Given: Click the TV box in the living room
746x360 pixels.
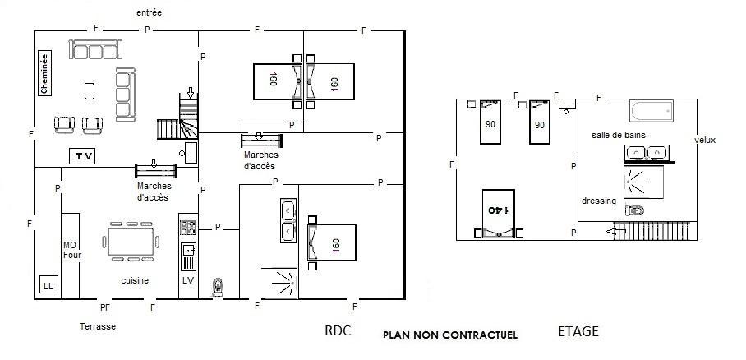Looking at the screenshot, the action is (x=82, y=156).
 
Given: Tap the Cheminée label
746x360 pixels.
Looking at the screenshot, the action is (x=44, y=73).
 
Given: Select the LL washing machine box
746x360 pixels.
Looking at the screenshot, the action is (x=48, y=286).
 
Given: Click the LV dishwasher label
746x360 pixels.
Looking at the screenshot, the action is (x=188, y=280).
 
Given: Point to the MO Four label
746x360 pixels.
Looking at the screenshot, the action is (x=72, y=250).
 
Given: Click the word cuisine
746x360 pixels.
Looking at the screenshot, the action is (x=135, y=281).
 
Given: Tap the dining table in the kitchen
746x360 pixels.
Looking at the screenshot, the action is (x=131, y=242).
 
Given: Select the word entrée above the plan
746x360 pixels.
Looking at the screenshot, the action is (x=150, y=13).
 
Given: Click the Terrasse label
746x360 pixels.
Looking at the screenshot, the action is (x=98, y=326).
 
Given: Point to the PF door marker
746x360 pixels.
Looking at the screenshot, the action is (x=105, y=307).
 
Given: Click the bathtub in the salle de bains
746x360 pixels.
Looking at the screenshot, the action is (x=652, y=110).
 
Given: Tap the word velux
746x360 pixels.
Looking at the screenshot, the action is (x=705, y=140).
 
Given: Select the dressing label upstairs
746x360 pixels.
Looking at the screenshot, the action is (x=599, y=201).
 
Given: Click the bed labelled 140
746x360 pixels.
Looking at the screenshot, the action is (x=498, y=214).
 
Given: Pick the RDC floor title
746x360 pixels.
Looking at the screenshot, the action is (x=338, y=331).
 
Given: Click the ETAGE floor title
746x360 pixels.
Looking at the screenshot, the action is (x=578, y=331).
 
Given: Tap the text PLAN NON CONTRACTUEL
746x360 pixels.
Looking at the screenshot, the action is (x=450, y=335).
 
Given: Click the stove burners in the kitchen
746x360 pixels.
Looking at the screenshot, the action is (x=188, y=227).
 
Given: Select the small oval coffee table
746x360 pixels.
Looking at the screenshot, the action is (x=90, y=91).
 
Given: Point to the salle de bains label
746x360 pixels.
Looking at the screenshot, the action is (x=619, y=136).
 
